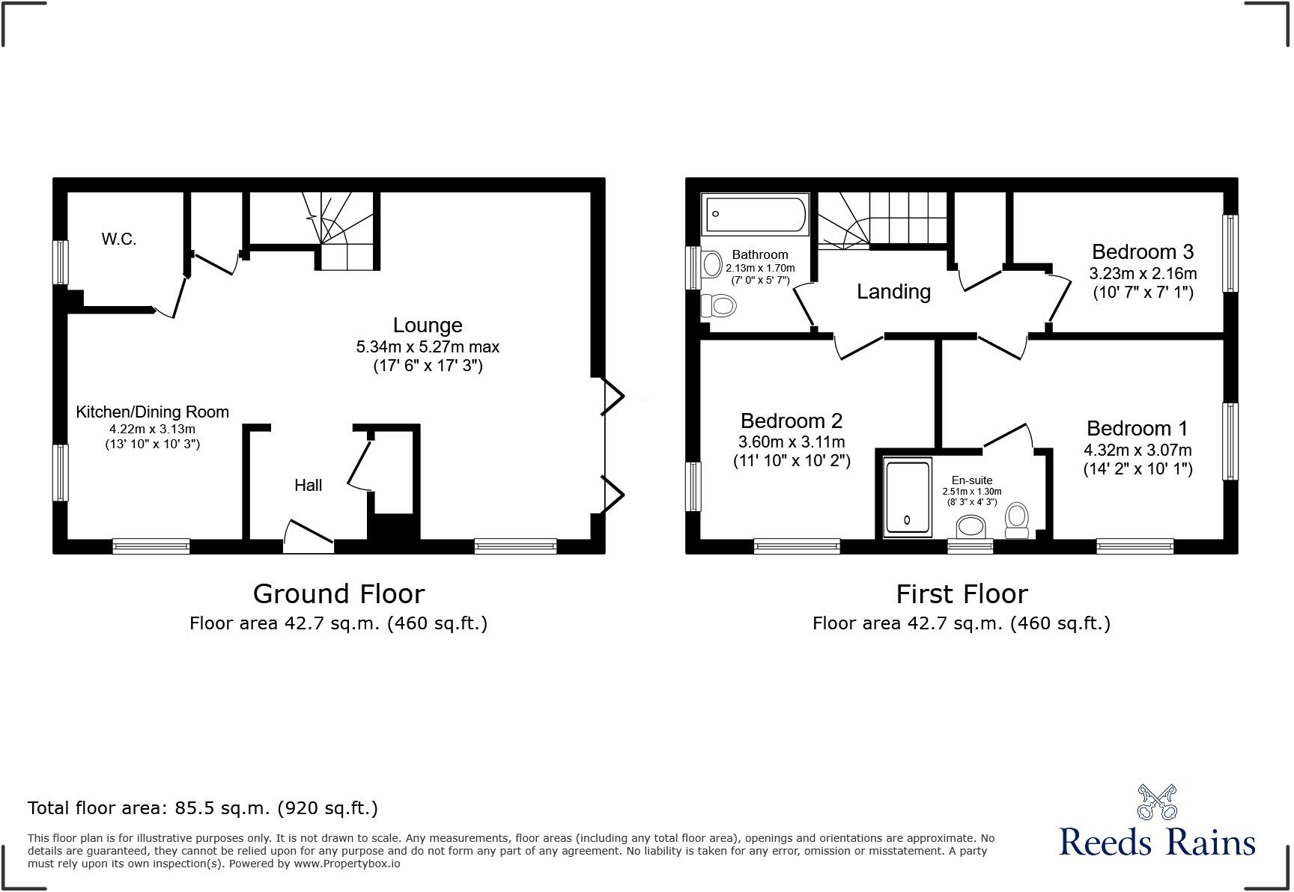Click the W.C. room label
point(119,239)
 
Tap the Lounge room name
point(428,326)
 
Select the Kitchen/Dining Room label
point(152,412)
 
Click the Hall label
point(308,485)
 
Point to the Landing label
point(893,292)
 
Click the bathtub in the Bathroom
point(755,214)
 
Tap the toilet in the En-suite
point(1017,519)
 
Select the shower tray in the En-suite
point(908,498)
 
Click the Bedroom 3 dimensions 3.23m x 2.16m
point(1143,273)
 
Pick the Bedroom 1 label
point(1137,429)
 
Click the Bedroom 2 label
point(792,421)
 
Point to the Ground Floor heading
point(338,594)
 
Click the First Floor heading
point(962,594)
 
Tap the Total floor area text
point(202,808)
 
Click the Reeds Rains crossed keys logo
point(1157,801)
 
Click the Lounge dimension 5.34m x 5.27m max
point(428,347)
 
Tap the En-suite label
point(972,480)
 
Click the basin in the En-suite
point(971,527)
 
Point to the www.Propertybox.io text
point(347,864)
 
